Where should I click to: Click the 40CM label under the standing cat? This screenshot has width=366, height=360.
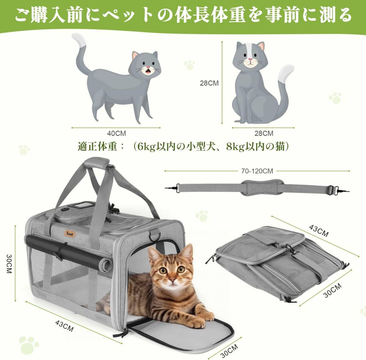click(117, 134)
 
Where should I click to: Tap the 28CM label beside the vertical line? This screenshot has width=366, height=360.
click(209, 83)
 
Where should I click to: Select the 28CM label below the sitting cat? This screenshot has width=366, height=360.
click(264, 134)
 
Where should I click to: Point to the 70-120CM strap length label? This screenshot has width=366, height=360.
click(257, 171)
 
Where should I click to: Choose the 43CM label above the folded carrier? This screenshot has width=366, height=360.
click(319, 231)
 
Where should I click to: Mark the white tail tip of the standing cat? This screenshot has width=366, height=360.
click(79, 39)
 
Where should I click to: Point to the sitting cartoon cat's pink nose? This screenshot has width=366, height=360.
click(251, 59)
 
